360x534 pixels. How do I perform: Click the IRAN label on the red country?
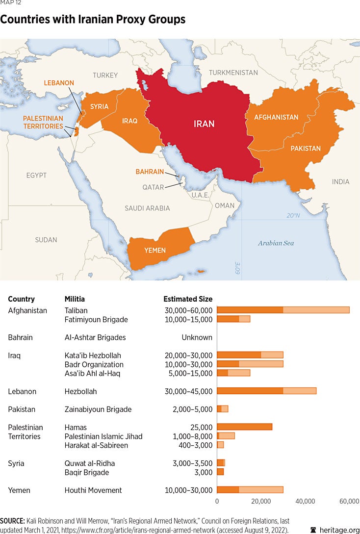click(204, 124)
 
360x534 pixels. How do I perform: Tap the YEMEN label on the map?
click(154, 251)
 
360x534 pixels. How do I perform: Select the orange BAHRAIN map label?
click(150, 172)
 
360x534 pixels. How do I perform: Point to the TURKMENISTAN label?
click(233, 73)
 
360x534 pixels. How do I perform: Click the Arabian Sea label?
click(276, 243)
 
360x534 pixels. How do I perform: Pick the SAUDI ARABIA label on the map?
click(147, 208)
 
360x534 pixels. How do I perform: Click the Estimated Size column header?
click(188, 299)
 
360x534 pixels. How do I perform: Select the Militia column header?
click(75, 299)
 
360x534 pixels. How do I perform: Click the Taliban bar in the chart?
click(283, 310)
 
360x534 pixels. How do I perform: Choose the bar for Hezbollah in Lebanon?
click(266, 391)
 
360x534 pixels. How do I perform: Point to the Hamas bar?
click(244, 427)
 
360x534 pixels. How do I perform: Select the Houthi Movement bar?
click(250, 490)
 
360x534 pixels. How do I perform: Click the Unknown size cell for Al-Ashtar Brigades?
click(197, 337)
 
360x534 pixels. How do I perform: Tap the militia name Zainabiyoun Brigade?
click(98, 409)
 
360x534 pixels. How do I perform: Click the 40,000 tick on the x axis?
click(305, 501)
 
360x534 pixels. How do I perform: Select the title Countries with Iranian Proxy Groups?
click(93, 20)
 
